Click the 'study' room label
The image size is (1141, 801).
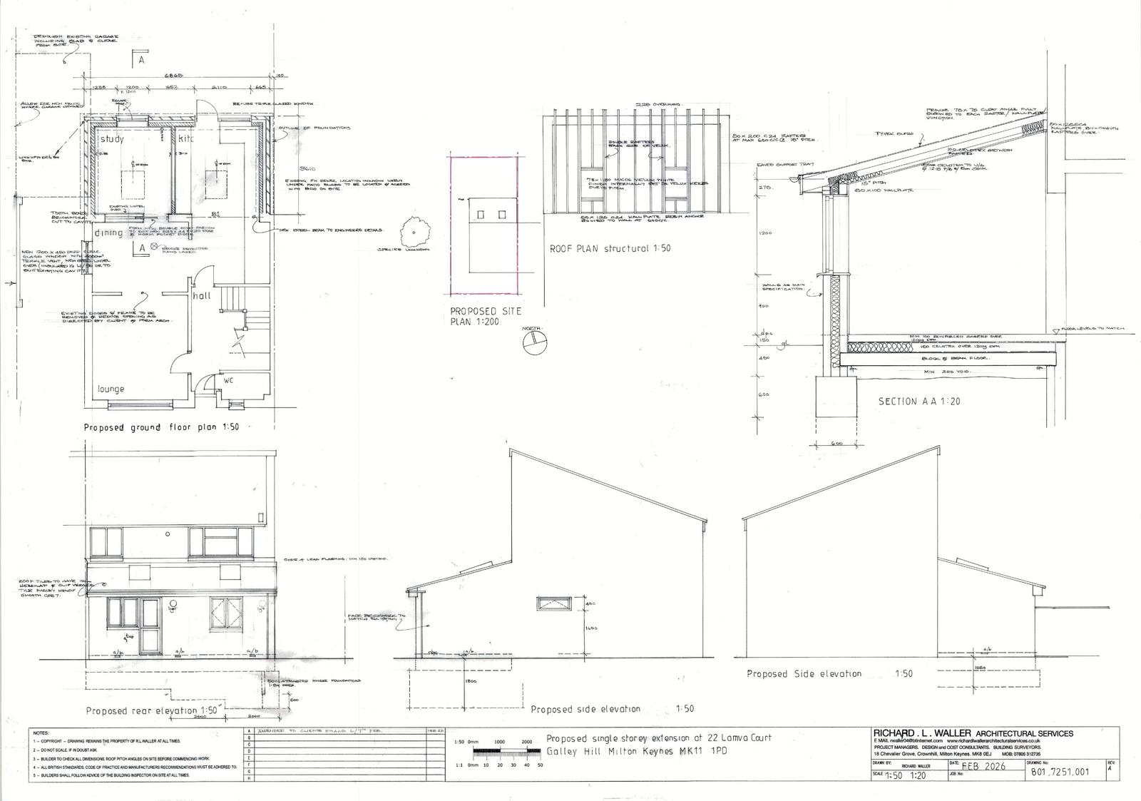tap(112, 139)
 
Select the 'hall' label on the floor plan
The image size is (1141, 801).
tap(201, 295)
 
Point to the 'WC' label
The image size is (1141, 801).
tap(229, 381)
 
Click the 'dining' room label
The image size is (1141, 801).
tap(111, 233)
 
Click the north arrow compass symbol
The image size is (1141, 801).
tap(531, 345)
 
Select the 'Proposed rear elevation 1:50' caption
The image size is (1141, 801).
tap(152, 710)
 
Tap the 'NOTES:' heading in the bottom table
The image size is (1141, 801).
tap(41, 733)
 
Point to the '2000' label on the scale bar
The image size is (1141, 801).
tap(526, 742)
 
